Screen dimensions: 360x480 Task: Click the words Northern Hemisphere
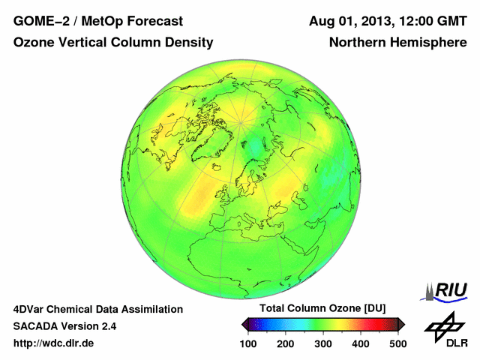coord(397,43)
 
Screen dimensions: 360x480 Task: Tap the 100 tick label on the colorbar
coord(249,343)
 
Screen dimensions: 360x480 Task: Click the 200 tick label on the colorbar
coord(286,343)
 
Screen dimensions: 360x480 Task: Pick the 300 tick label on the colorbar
coord(323,343)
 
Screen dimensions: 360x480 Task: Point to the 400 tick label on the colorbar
coord(360,343)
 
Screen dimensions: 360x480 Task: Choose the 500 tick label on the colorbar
coord(397,343)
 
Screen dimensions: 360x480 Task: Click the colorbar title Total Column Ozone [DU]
coord(322,309)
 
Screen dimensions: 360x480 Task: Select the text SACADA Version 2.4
coord(64,326)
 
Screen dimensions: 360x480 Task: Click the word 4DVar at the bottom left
coord(31,309)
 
